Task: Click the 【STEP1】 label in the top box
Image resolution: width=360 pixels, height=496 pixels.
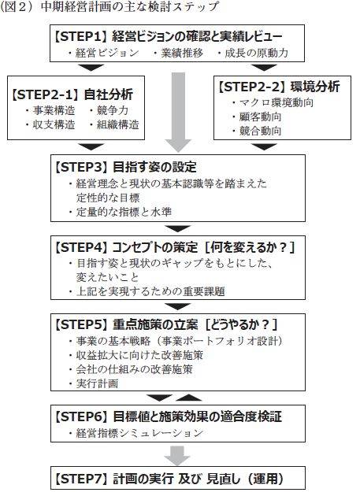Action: (x=81, y=37)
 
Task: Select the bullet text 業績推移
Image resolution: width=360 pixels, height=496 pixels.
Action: (x=182, y=53)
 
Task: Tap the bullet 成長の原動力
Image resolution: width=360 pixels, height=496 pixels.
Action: (x=257, y=53)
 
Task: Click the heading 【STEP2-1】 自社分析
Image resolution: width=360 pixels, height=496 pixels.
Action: (x=72, y=94)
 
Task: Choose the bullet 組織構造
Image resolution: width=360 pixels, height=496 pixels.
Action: (x=118, y=124)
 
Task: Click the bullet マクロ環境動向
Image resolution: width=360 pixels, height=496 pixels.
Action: (x=276, y=102)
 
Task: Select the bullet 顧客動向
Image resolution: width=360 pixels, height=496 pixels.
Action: (x=260, y=117)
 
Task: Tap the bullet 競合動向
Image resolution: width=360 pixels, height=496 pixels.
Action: (x=260, y=131)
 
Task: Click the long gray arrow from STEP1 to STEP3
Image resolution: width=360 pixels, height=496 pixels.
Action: (x=178, y=113)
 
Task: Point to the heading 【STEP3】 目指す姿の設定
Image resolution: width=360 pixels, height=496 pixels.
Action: (x=126, y=167)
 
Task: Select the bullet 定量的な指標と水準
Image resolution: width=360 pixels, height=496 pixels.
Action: (x=124, y=212)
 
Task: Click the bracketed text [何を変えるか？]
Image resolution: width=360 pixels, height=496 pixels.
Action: (x=250, y=247)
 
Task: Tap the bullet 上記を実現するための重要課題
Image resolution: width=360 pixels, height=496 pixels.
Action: (x=150, y=291)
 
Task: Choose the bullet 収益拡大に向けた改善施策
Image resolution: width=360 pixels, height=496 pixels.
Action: (x=139, y=355)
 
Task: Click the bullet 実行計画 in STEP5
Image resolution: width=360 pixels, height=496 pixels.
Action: (x=97, y=383)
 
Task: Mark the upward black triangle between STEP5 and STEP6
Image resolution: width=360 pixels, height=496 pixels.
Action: (x=189, y=398)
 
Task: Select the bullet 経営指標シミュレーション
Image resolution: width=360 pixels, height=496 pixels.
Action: (x=139, y=433)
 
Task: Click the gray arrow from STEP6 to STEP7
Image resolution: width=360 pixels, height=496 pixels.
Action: (x=177, y=456)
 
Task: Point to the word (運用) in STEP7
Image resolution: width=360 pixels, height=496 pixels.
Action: (x=265, y=479)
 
